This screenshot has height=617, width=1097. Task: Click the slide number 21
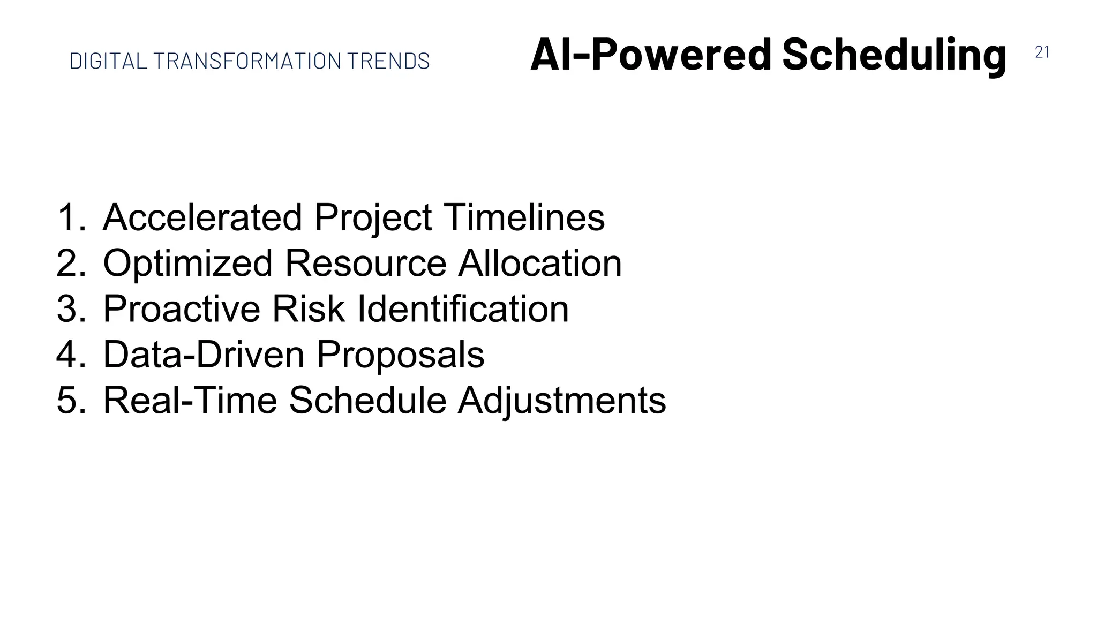(x=1042, y=52)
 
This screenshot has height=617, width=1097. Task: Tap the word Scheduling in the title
(x=894, y=55)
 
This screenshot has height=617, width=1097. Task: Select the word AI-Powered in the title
(x=650, y=55)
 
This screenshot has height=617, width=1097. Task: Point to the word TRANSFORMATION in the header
(x=247, y=61)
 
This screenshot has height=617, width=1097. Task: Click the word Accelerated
(x=202, y=217)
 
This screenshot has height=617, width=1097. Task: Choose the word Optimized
(x=187, y=264)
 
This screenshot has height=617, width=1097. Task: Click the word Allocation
(x=540, y=264)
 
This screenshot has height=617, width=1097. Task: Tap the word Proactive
(x=182, y=309)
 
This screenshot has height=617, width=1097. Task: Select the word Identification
(x=462, y=309)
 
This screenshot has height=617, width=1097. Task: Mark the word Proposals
(x=401, y=356)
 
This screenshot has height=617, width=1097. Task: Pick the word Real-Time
(x=190, y=401)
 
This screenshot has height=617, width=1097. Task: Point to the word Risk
(x=308, y=309)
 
